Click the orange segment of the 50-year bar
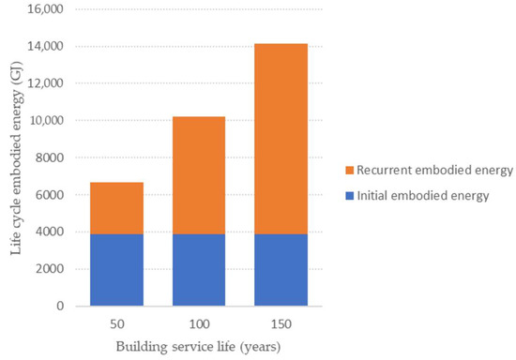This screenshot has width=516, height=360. [x=116, y=207]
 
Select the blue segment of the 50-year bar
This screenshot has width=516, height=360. [x=116, y=269]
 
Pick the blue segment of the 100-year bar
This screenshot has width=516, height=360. [x=199, y=269]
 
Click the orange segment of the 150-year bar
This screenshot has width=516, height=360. [x=281, y=138]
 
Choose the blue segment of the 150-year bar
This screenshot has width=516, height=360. [x=281, y=269]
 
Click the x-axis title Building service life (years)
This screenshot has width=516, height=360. [x=198, y=346]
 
